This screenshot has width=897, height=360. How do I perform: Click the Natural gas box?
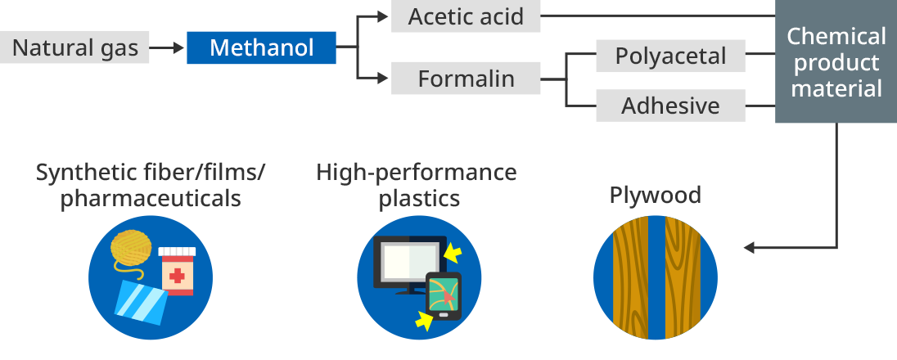[74, 47]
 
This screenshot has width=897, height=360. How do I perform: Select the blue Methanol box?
[261, 47]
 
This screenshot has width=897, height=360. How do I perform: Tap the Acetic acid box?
[465, 16]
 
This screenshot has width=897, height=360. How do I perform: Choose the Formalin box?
[465, 79]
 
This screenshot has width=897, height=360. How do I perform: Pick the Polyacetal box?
[670, 56]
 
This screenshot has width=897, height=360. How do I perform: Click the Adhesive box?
[670, 106]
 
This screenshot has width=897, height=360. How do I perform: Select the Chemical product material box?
[836, 62]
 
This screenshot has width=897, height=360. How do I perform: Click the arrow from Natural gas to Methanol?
[168, 47]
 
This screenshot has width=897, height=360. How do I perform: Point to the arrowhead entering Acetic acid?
[381, 16]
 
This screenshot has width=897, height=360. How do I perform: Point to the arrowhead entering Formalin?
[381, 79]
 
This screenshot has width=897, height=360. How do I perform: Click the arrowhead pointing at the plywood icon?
[747, 248]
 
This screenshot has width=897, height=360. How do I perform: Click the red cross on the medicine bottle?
[177, 276]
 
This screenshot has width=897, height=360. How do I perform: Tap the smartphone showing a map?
[442, 295]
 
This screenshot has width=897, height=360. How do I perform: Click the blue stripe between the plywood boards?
[656, 278]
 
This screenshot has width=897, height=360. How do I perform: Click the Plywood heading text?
[655, 195]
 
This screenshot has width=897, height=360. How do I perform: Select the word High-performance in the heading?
[417, 173]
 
